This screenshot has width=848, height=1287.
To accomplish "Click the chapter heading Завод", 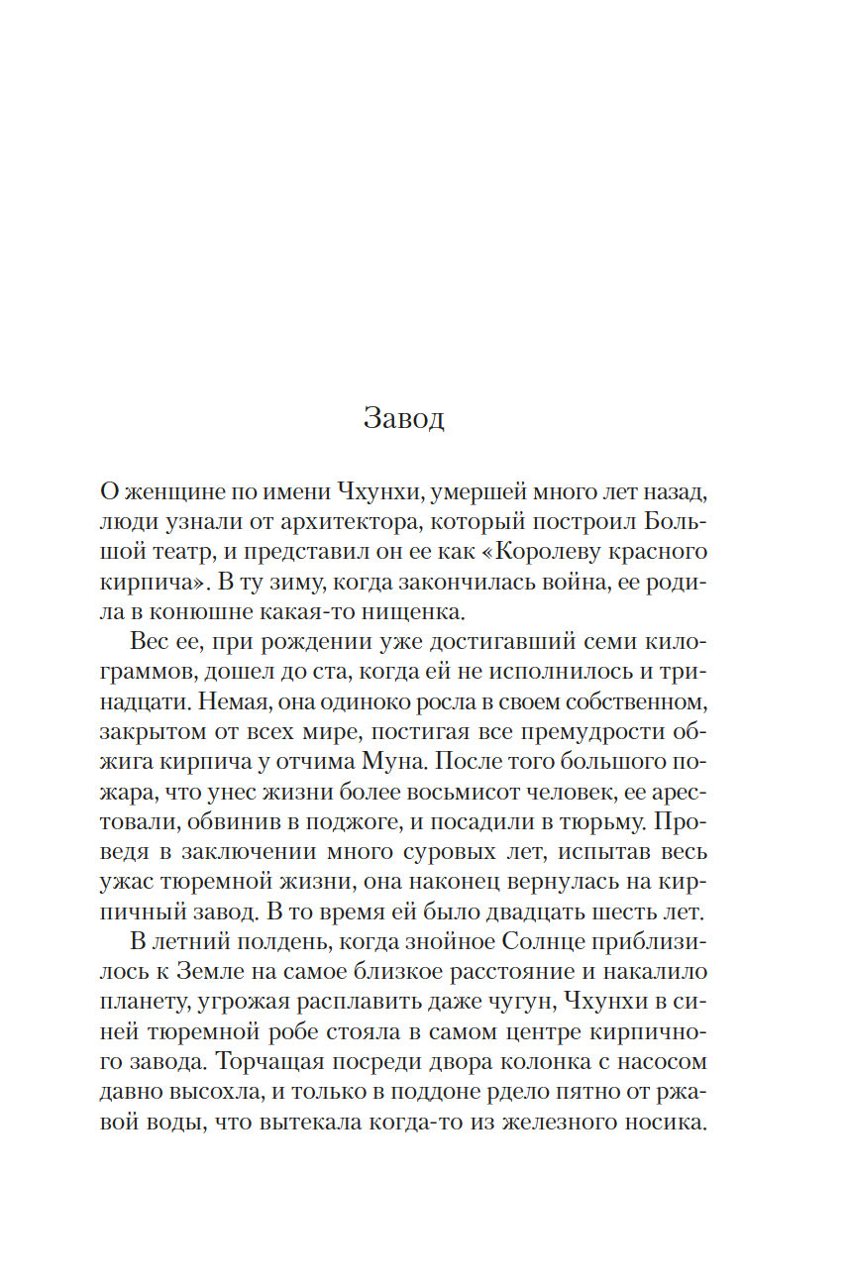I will pyautogui.click(x=404, y=418).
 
